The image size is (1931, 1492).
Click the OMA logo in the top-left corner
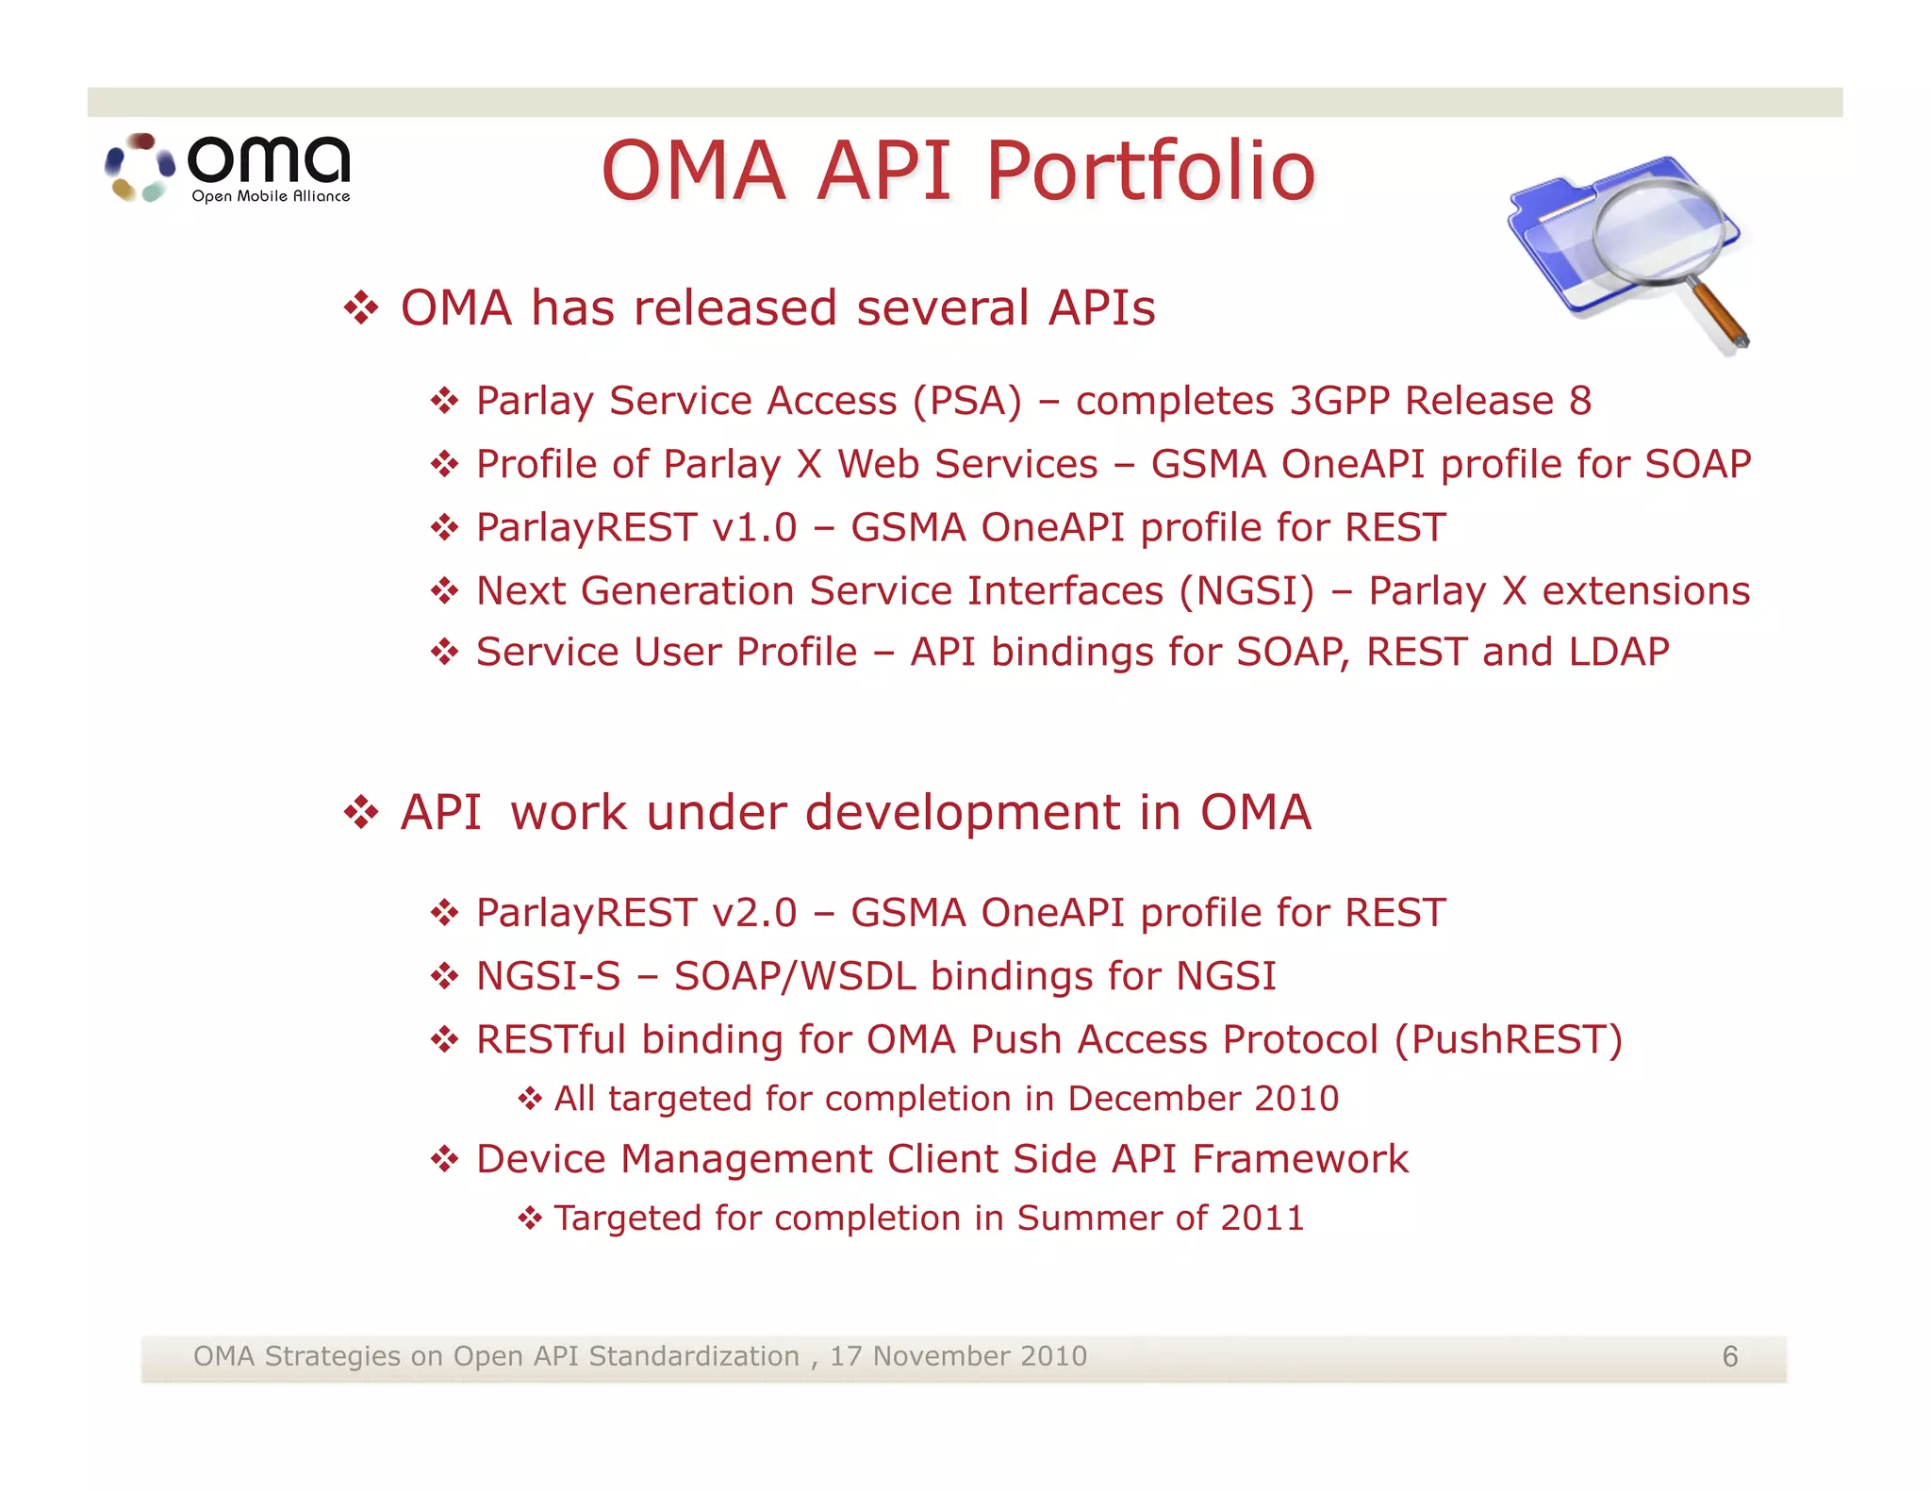click(228, 168)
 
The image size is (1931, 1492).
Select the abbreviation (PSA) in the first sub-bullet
click(967, 401)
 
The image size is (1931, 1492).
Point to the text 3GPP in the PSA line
click(1340, 401)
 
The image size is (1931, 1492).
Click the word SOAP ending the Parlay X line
click(1697, 464)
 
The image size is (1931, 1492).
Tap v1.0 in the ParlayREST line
click(754, 527)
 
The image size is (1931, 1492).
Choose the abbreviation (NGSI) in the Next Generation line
click(1246, 591)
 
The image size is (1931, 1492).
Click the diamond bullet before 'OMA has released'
click(361, 308)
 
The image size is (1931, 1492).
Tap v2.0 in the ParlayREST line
click(754, 913)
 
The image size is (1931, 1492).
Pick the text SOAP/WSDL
click(795, 976)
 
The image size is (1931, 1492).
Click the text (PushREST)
click(1508, 1039)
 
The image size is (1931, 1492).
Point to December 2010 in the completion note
click(1202, 1099)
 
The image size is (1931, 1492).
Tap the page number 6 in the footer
click(1729, 1357)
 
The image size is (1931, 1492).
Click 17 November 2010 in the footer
click(957, 1356)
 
